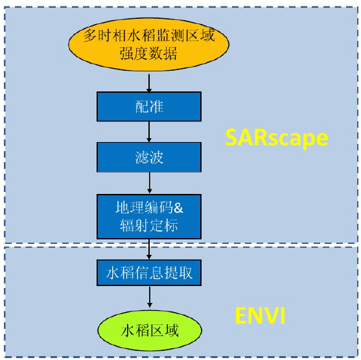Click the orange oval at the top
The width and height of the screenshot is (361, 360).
point(148,44)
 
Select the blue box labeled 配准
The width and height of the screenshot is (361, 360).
point(149,106)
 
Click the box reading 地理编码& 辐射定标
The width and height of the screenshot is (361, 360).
point(149,217)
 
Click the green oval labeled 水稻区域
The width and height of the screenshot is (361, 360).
point(149,330)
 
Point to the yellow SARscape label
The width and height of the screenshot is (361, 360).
point(277,138)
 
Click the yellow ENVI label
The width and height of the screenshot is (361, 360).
point(260,317)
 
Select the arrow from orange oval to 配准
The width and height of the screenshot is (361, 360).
point(149,82)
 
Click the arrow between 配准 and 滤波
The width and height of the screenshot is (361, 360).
point(149,132)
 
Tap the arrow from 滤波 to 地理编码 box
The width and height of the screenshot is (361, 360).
point(149,184)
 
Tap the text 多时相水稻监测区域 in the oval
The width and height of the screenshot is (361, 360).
point(149,35)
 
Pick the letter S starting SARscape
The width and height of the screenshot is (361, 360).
point(232,138)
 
